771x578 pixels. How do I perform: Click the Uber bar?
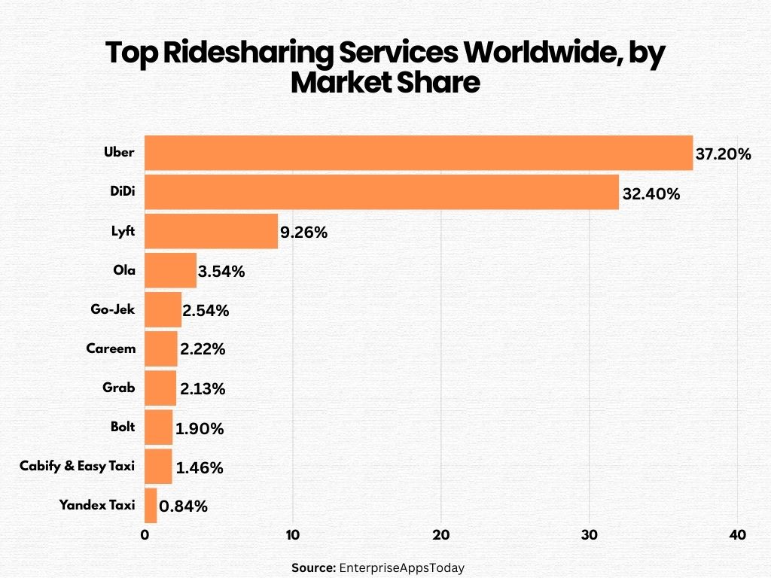click(x=418, y=153)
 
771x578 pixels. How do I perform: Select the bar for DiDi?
click(x=381, y=192)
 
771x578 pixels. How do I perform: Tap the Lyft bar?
click(x=211, y=231)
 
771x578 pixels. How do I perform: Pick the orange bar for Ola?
click(x=170, y=270)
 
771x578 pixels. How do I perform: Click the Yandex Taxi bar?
click(x=151, y=505)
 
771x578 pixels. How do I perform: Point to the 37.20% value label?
click(x=723, y=155)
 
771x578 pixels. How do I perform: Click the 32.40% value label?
click(x=651, y=194)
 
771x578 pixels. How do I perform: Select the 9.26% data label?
click(x=303, y=233)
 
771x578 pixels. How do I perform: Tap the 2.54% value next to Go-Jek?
click(x=206, y=311)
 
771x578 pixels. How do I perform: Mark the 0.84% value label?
click(x=183, y=507)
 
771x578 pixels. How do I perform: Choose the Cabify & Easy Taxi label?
click(x=77, y=466)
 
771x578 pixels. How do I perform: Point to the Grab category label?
click(x=119, y=388)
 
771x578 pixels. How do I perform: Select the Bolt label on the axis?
click(x=122, y=427)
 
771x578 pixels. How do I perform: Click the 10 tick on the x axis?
click(x=293, y=535)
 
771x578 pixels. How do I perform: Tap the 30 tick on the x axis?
click(x=590, y=535)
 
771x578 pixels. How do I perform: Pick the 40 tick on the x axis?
click(x=738, y=535)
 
